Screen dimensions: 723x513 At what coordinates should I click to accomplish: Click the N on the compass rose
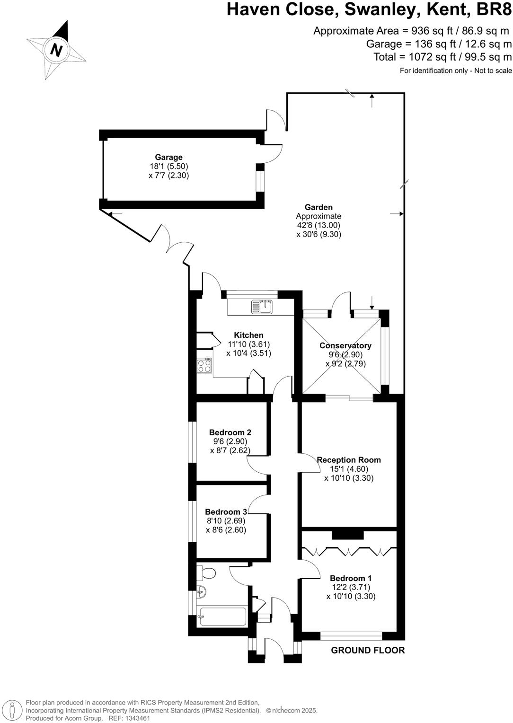click(x=56, y=50)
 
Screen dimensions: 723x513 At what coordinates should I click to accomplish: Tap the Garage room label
click(x=168, y=157)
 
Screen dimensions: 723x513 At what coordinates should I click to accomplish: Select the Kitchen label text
click(x=248, y=335)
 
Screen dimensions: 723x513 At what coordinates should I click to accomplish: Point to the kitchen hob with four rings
click(x=204, y=365)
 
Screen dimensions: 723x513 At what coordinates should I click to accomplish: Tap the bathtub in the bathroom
click(x=221, y=617)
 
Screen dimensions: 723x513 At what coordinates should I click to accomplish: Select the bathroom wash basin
click(x=201, y=591)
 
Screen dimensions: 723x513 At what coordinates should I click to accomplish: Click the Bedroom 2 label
click(x=230, y=432)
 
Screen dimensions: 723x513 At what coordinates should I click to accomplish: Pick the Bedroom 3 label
click(x=226, y=511)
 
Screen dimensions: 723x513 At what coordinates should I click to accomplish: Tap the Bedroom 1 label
click(x=351, y=578)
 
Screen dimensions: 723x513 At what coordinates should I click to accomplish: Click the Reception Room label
click(x=349, y=459)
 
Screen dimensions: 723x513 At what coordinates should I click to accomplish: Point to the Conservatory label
click(x=345, y=345)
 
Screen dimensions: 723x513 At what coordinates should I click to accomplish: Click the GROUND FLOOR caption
click(x=368, y=650)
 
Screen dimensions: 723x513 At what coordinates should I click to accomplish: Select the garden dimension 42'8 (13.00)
click(x=318, y=225)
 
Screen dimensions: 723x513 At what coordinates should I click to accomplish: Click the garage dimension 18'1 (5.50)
click(x=168, y=166)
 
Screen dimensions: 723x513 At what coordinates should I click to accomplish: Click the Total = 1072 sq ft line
click(x=442, y=57)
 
